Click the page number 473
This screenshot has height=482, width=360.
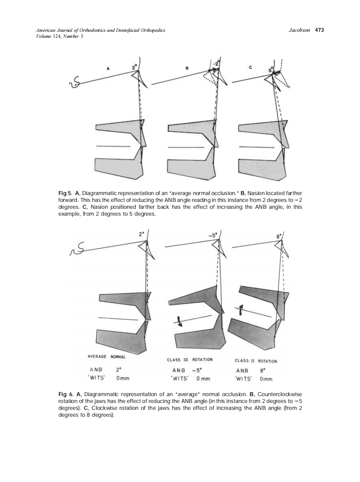tap(319, 30)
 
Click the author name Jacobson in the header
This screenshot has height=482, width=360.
tap(299, 30)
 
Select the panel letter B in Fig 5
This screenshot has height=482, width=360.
tap(187, 68)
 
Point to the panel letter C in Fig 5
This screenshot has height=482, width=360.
tap(250, 67)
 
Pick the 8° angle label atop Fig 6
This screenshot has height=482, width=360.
tap(278, 235)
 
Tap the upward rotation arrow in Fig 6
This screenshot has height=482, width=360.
tap(241, 309)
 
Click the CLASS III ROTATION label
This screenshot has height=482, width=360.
tap(189, 360)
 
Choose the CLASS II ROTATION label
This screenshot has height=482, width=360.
tap(256, 361)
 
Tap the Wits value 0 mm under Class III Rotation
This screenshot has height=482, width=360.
tap(203, 378)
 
